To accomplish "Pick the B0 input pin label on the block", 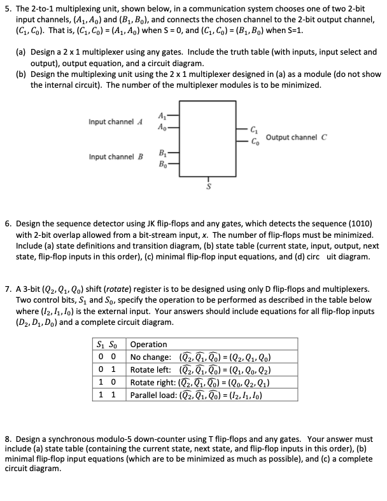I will point(159,164).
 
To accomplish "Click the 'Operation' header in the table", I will point(148,344).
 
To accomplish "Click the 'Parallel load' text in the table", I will point(153,395).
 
